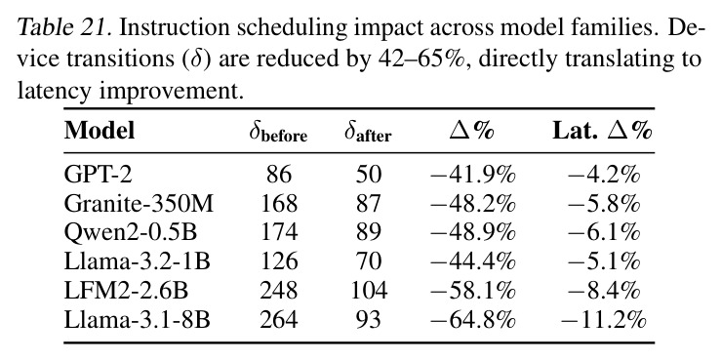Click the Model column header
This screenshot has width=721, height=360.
click(100, 131)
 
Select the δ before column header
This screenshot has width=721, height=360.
click(278, 133)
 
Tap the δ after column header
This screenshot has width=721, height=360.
click(368, 133)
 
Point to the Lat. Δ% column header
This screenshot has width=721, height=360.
click(602, 131)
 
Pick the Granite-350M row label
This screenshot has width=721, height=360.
click(139, 204)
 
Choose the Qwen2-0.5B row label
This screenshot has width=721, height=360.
click(131, 232)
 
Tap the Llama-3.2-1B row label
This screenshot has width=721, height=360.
click(137, 261)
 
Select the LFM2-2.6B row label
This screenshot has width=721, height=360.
click(126, 291)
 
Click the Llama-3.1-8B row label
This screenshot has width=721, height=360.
click(137, 320)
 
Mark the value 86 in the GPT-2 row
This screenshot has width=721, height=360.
click(278, 176)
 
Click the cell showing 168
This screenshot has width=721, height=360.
click(279, 204)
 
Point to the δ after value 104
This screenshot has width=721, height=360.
click(369, 291)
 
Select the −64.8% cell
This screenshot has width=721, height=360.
click(472, 320)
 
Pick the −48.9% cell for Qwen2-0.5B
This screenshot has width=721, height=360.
click(472, 232)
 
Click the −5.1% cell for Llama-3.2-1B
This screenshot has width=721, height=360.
click(604, 261)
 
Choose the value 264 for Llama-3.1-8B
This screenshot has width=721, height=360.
click(279, 320)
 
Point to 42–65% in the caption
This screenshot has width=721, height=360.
click(419, 60)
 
